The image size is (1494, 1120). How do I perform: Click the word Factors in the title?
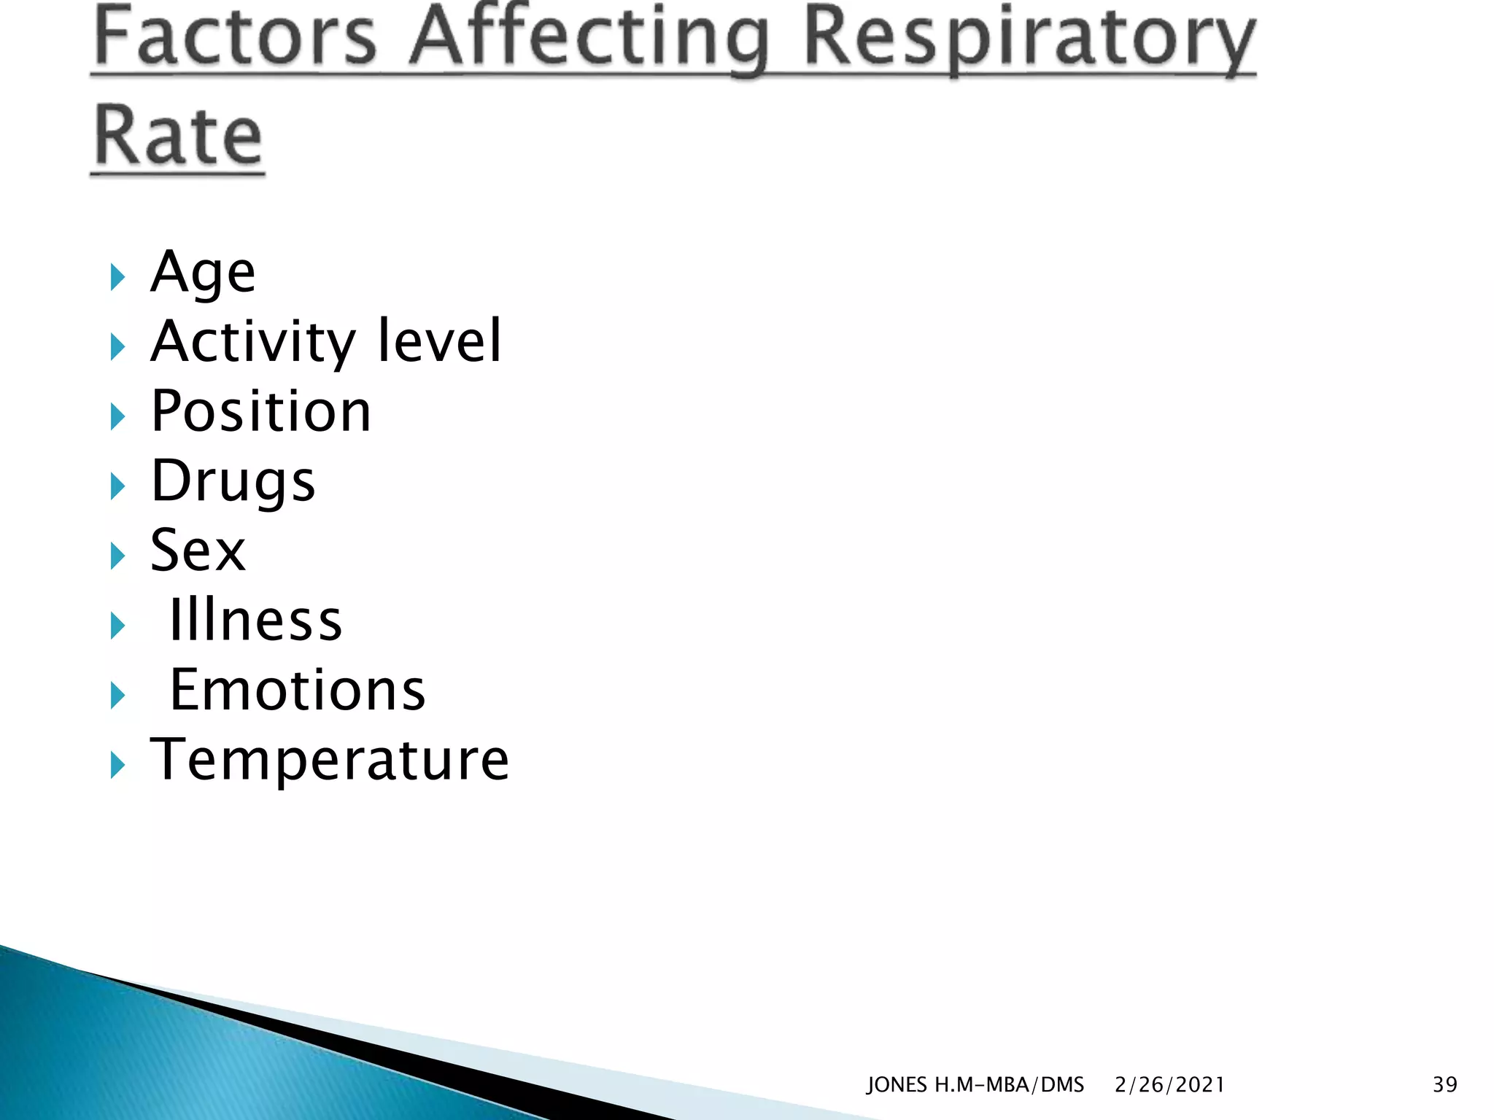pyautogui.click(x=235, y=36)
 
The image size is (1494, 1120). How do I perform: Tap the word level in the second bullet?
pyautogui.click(x=440, y=341)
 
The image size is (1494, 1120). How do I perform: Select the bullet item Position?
pyautogui.click(x=261, y=411)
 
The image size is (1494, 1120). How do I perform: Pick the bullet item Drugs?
pyautogui.click(x=233, y=482)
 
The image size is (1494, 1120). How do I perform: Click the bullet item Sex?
pyautogui.click(x=198, y=551)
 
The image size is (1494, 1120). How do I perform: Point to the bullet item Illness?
pyautogui.click(x=255, y=621)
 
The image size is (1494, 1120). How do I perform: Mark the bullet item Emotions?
pyautogui.click(x=297, y=690)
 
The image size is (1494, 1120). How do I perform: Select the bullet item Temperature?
pyautogui.click(x=330, y=760)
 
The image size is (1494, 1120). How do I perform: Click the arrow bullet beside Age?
pyautogui.click(x=117, y=277)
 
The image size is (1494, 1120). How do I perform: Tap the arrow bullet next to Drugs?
pyautogui.click(x=117, y=486)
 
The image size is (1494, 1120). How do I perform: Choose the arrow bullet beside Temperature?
pyautogui.click(x=117, y=766)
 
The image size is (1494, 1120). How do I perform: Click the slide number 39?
pyautogui.click(x=1444, y=1084)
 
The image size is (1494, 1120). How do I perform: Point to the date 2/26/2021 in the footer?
pyautogui.click(x=1169, y=1085)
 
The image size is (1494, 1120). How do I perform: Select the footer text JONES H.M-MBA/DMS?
pyautogui.click(x=975, y=1085)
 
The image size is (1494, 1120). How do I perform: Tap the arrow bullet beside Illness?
pyautogui.click(x=117, y=626)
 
